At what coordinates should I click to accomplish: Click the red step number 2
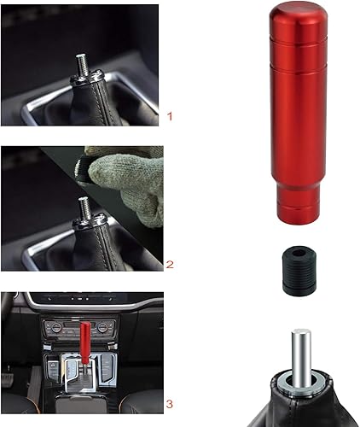(x=171, y=266)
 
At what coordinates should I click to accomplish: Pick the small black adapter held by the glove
(x=89, y=167)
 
